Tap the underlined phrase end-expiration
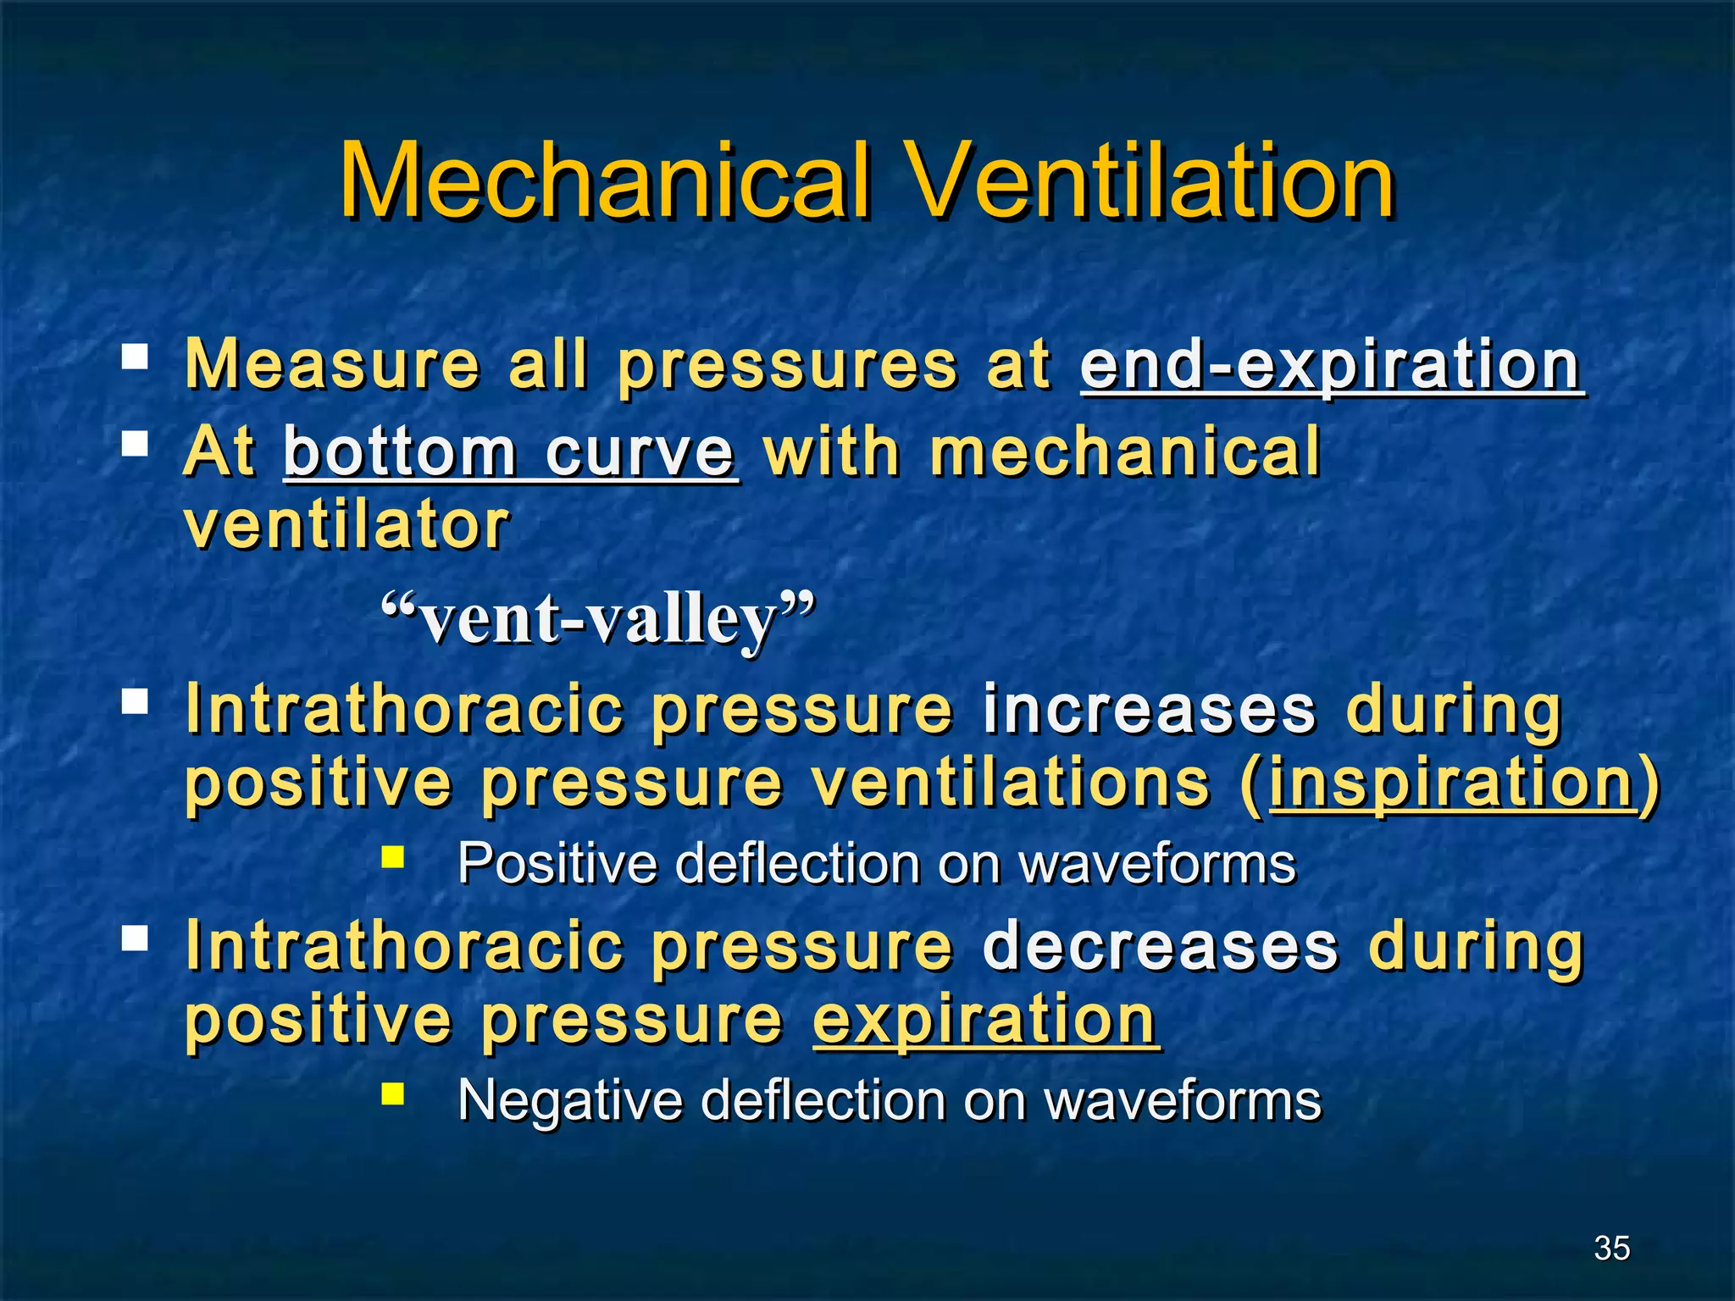click(x=1330, y=366)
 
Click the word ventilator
click(x=346, y=525)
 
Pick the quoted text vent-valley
click(x=598, y=619)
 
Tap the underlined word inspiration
click(x=1452, y=783)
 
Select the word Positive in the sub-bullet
click(x=557, y=864)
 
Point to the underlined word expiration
click(x=984, y=1020)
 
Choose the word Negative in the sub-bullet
click(x=569, y=1101)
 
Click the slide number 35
click(x=1611, y=1248)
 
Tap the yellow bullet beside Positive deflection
click(x=392, y=859)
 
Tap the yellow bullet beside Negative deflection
click(x=392, y=1095)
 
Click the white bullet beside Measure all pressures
click(x=135, y=356)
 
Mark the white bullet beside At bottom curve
click(x=135, y=442)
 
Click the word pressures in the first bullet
click(x=787, y=366)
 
